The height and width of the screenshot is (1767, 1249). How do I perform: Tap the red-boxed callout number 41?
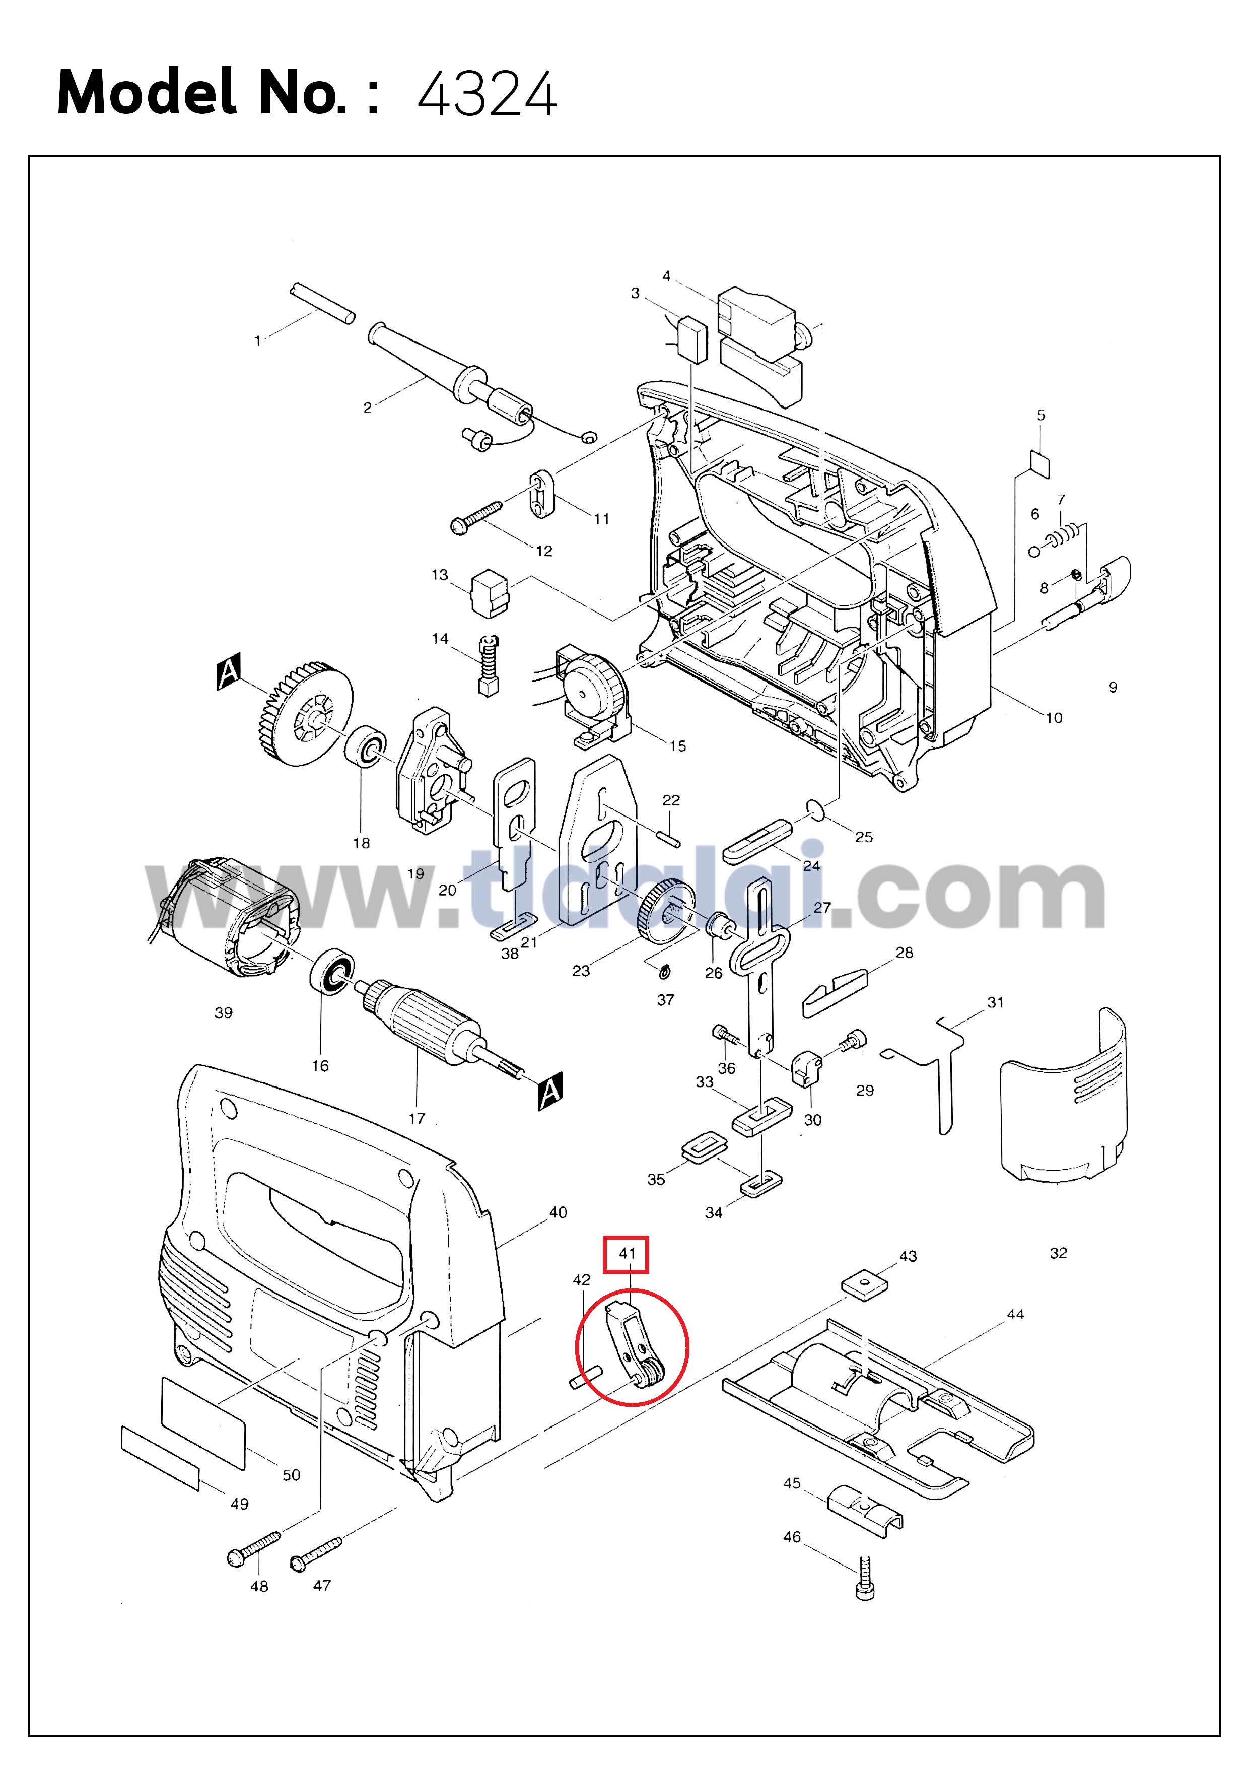click(x=627, y=1254)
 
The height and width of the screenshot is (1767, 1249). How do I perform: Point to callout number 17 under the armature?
click(x=417, y=1118)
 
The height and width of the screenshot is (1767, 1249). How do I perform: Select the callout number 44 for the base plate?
click(x=1015, y=1314)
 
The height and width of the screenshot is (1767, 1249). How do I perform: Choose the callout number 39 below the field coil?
click(x=223, y=1013)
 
